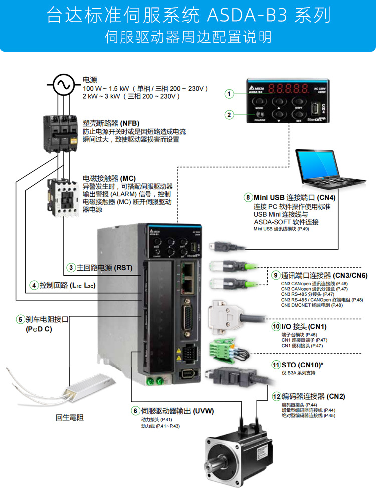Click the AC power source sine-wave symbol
pyautogui.click(x=65, y=85)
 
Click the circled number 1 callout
pyautogui.click(x=229, y=94)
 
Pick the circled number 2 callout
pyautogui.click(x=229, y=115)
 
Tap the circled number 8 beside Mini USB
pyautogui.click(x=248, y=197)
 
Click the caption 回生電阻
pyautogui.click(x=69, y=417)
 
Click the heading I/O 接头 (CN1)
pyautogui.click(x=304, y=327)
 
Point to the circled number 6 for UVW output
pyautogui.click(x=135, y=411)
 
